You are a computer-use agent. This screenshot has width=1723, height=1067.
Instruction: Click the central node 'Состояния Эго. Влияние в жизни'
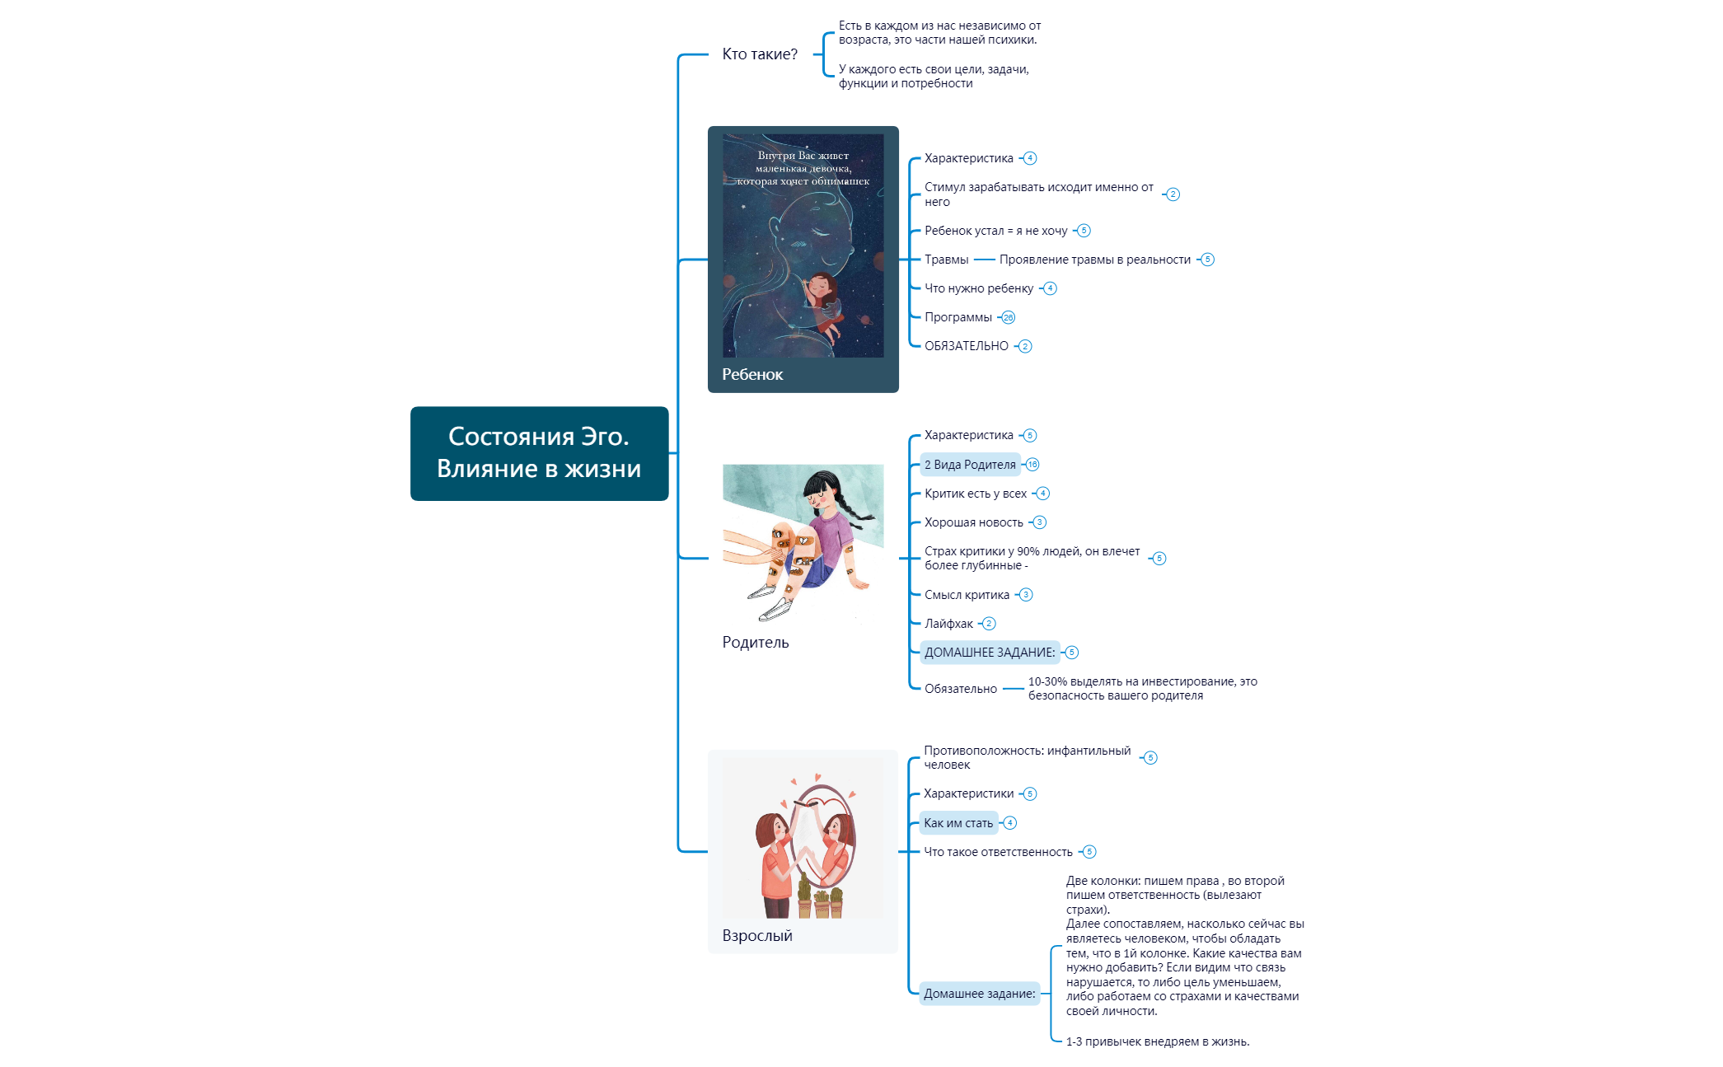click(x=539, y=453)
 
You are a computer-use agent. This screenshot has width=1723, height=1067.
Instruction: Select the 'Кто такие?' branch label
click(x=759, y=54)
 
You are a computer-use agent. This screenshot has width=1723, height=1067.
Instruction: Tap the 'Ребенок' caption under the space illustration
click(x=752, y=374)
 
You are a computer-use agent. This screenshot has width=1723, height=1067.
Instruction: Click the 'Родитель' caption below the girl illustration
click(x=755, y=642)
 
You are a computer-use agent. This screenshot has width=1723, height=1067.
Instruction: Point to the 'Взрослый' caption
click(x=756, y=935)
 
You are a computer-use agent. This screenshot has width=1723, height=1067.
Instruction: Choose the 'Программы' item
click(x=957, y=317)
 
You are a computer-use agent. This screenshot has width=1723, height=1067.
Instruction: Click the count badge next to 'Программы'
click(x=1008, y=317)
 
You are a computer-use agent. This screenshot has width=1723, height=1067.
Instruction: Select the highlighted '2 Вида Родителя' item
click(x=970, y=465)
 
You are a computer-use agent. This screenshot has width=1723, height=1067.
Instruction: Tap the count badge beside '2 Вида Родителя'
click(x=1032, y=465)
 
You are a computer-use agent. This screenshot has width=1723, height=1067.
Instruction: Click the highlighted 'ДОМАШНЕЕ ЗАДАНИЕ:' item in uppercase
click(x=989, y=653)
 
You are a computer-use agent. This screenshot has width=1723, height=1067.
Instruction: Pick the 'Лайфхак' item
click(x=948, y=624)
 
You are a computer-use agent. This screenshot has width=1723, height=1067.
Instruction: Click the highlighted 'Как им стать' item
click(x=958, y=823)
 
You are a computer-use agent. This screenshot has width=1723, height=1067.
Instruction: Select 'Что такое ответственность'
click(x=998, y=852)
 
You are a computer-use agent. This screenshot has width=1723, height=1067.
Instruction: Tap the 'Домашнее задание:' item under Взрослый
click(x=979, y=994)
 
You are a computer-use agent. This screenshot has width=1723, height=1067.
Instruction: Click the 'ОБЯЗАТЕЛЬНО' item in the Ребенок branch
click(x=966, y=346)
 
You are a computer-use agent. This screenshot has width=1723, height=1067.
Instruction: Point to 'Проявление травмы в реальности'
click(x=1094, y=260)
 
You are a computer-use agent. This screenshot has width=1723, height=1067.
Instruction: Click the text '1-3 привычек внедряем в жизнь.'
click(x=1157, y=1041)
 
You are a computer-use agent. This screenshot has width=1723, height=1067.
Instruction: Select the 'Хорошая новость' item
click(x=973, y=522)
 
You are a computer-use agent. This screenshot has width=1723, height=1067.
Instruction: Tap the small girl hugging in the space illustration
click(x=822, y=301)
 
